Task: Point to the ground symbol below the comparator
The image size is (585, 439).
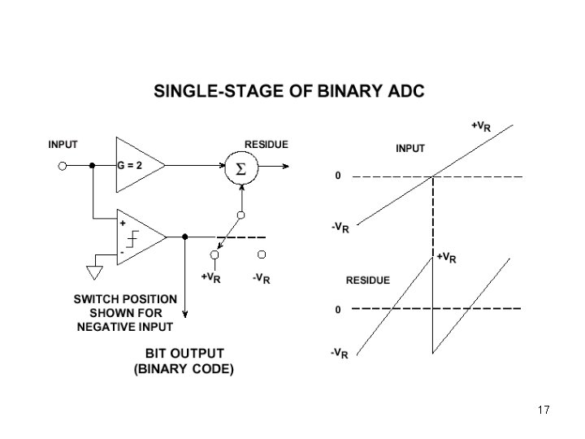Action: coord(95,269)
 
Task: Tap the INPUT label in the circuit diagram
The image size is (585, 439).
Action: coord(63,144)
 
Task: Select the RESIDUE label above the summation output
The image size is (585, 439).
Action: coord(266,144)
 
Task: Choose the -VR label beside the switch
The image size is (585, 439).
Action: coord(261,278)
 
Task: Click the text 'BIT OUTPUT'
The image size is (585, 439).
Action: coord(184,354)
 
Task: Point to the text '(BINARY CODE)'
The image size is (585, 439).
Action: coord(184,368)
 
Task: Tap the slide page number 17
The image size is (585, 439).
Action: coord(544,411)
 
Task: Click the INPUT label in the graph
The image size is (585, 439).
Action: coord(409,149)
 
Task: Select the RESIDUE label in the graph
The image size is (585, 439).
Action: coord(368,280)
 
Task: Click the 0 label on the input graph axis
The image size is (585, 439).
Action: coord(338,176)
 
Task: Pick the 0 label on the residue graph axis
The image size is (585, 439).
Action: coord(338,309)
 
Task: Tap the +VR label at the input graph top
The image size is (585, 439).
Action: coord(480,126)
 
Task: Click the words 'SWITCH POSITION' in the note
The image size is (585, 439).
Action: coord(125,298)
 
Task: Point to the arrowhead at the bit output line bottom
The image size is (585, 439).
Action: coord(185,315)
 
